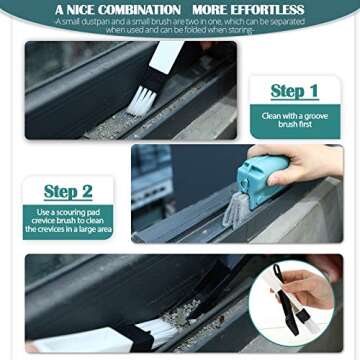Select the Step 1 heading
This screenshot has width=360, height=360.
294,92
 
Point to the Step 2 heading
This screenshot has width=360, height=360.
68,190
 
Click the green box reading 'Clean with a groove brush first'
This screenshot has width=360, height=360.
294,120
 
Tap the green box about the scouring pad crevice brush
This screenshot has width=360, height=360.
69,220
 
